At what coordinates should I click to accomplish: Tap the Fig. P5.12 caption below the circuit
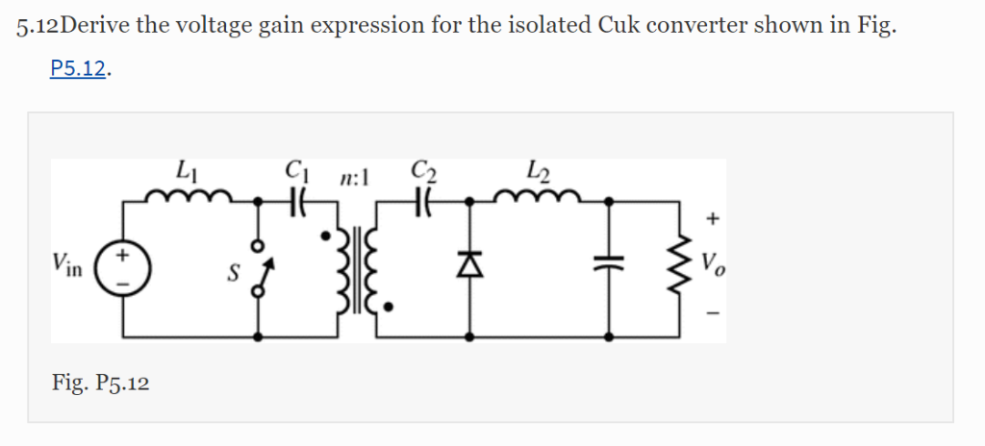coord(100,384)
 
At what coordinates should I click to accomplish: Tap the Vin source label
coord(68,264)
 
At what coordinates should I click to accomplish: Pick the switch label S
coord(232,272)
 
